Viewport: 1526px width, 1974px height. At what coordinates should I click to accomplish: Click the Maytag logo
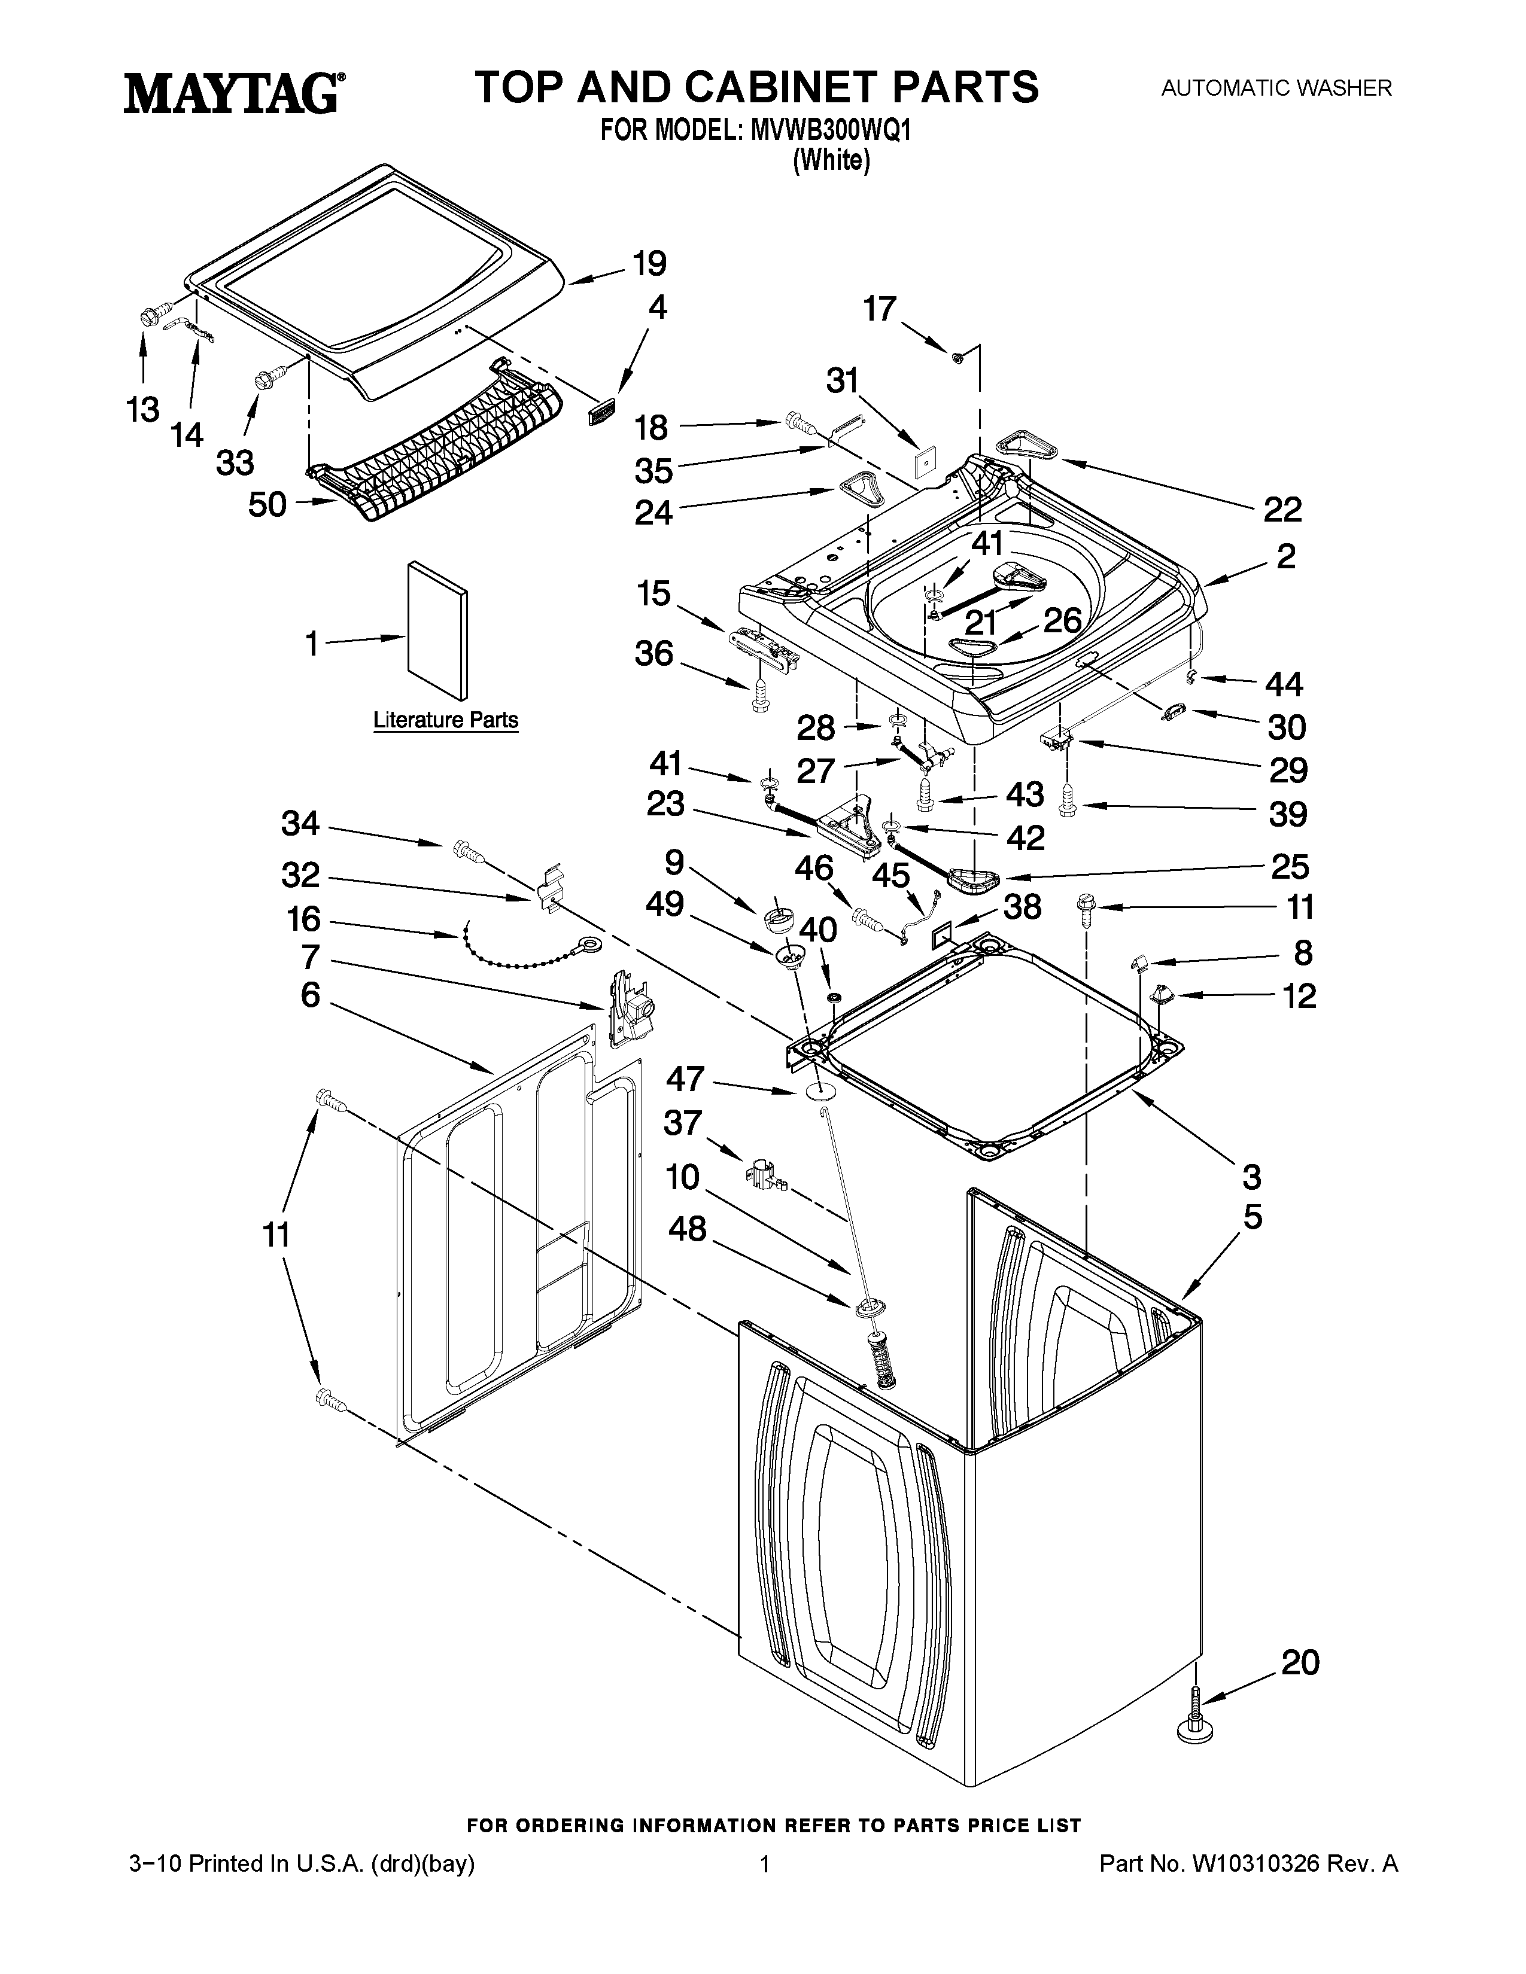pos(233,94)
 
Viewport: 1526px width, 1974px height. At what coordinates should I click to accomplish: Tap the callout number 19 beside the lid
pos(649,264)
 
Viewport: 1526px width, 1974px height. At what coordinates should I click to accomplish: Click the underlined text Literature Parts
pos(446,720)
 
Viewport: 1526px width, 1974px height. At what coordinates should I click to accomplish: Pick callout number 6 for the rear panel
pos(310,995)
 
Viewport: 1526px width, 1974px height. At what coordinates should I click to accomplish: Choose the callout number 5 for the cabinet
pos(1252,1217)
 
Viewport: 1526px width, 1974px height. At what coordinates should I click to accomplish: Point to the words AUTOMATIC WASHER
pos(1276,89)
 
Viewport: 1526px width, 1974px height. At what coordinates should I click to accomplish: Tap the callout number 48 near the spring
pos(687,1228)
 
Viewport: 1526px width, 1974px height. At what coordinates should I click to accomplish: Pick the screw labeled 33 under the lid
pos(269,380)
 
